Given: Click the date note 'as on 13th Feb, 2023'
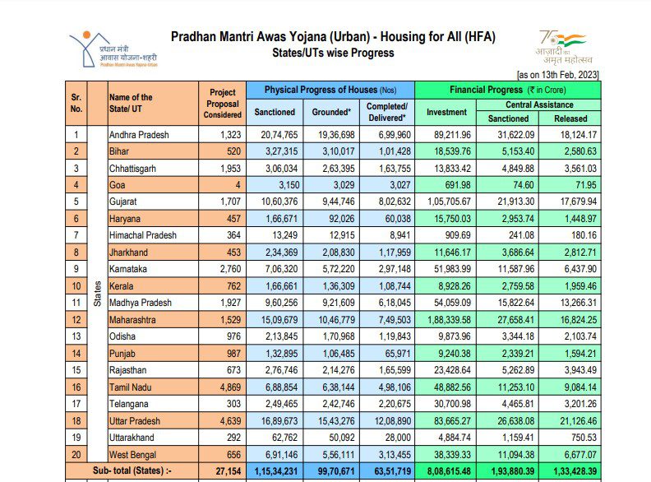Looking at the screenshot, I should (x=558, y=75).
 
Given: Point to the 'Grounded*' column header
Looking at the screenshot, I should (x=332, y=112).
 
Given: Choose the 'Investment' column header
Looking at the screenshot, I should (x=446, y=112).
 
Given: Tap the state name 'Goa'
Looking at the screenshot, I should (x=117, y=184).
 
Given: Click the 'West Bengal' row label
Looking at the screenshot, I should (x=134, y=454).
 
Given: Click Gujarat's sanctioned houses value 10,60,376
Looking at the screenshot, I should (x=279, y=202).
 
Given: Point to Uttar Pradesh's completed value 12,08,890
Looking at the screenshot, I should (x=386, y=420).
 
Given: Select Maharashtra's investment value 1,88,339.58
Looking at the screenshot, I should (x=446, y=319).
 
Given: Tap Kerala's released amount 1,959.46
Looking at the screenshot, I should (x=577, y=285).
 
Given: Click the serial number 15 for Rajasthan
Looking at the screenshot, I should (x=76, y=370).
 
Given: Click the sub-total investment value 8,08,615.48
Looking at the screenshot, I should (x=446, y=471).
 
